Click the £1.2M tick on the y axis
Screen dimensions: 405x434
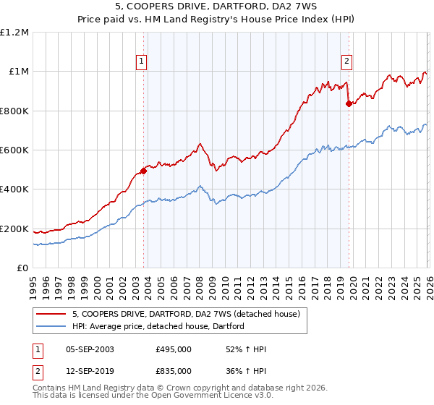click(14, 33)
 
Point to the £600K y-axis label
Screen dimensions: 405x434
click(14, 150)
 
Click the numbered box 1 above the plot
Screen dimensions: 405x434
click(142, 61)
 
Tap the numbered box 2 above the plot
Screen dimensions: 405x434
click(347, 61)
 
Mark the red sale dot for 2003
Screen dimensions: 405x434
click(143, 171)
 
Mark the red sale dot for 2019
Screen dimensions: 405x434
click(349, 103)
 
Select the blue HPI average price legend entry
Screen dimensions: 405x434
click(158, 326)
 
